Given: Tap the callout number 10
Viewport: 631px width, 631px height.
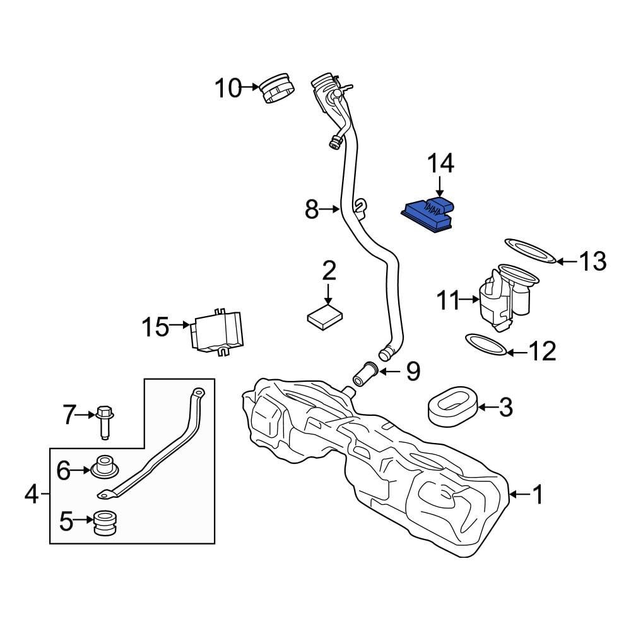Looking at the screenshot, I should click(x=228, y=88).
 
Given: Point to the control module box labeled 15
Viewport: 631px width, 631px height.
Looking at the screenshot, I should click(x=218, y=332).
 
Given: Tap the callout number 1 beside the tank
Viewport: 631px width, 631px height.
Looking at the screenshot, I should click(x=538, y=495).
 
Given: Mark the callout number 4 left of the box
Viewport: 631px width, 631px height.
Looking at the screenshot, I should click(x=32, y=495).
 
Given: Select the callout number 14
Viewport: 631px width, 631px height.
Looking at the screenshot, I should click(x=441, y=163).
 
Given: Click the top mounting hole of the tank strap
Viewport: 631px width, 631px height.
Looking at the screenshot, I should click(x=198, y=393).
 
